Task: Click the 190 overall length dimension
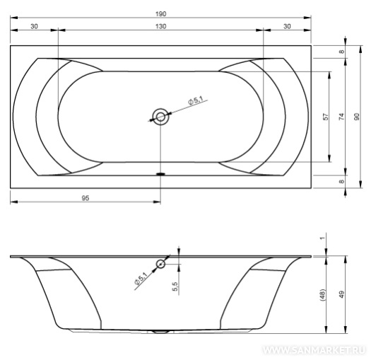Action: tap(160, 14)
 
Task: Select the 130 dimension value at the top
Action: tap(160, 26)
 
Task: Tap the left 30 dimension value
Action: tap(34, 26)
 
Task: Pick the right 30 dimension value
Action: tap(287, 26)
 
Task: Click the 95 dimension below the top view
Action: tap(86, 198)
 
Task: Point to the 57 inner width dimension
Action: tap(326, 117)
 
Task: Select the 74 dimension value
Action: tap(341, 117)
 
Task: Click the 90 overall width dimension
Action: tap(357, 117)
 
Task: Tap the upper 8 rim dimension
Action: tap(341, 52)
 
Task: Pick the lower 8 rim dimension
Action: tap(341, 182)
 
